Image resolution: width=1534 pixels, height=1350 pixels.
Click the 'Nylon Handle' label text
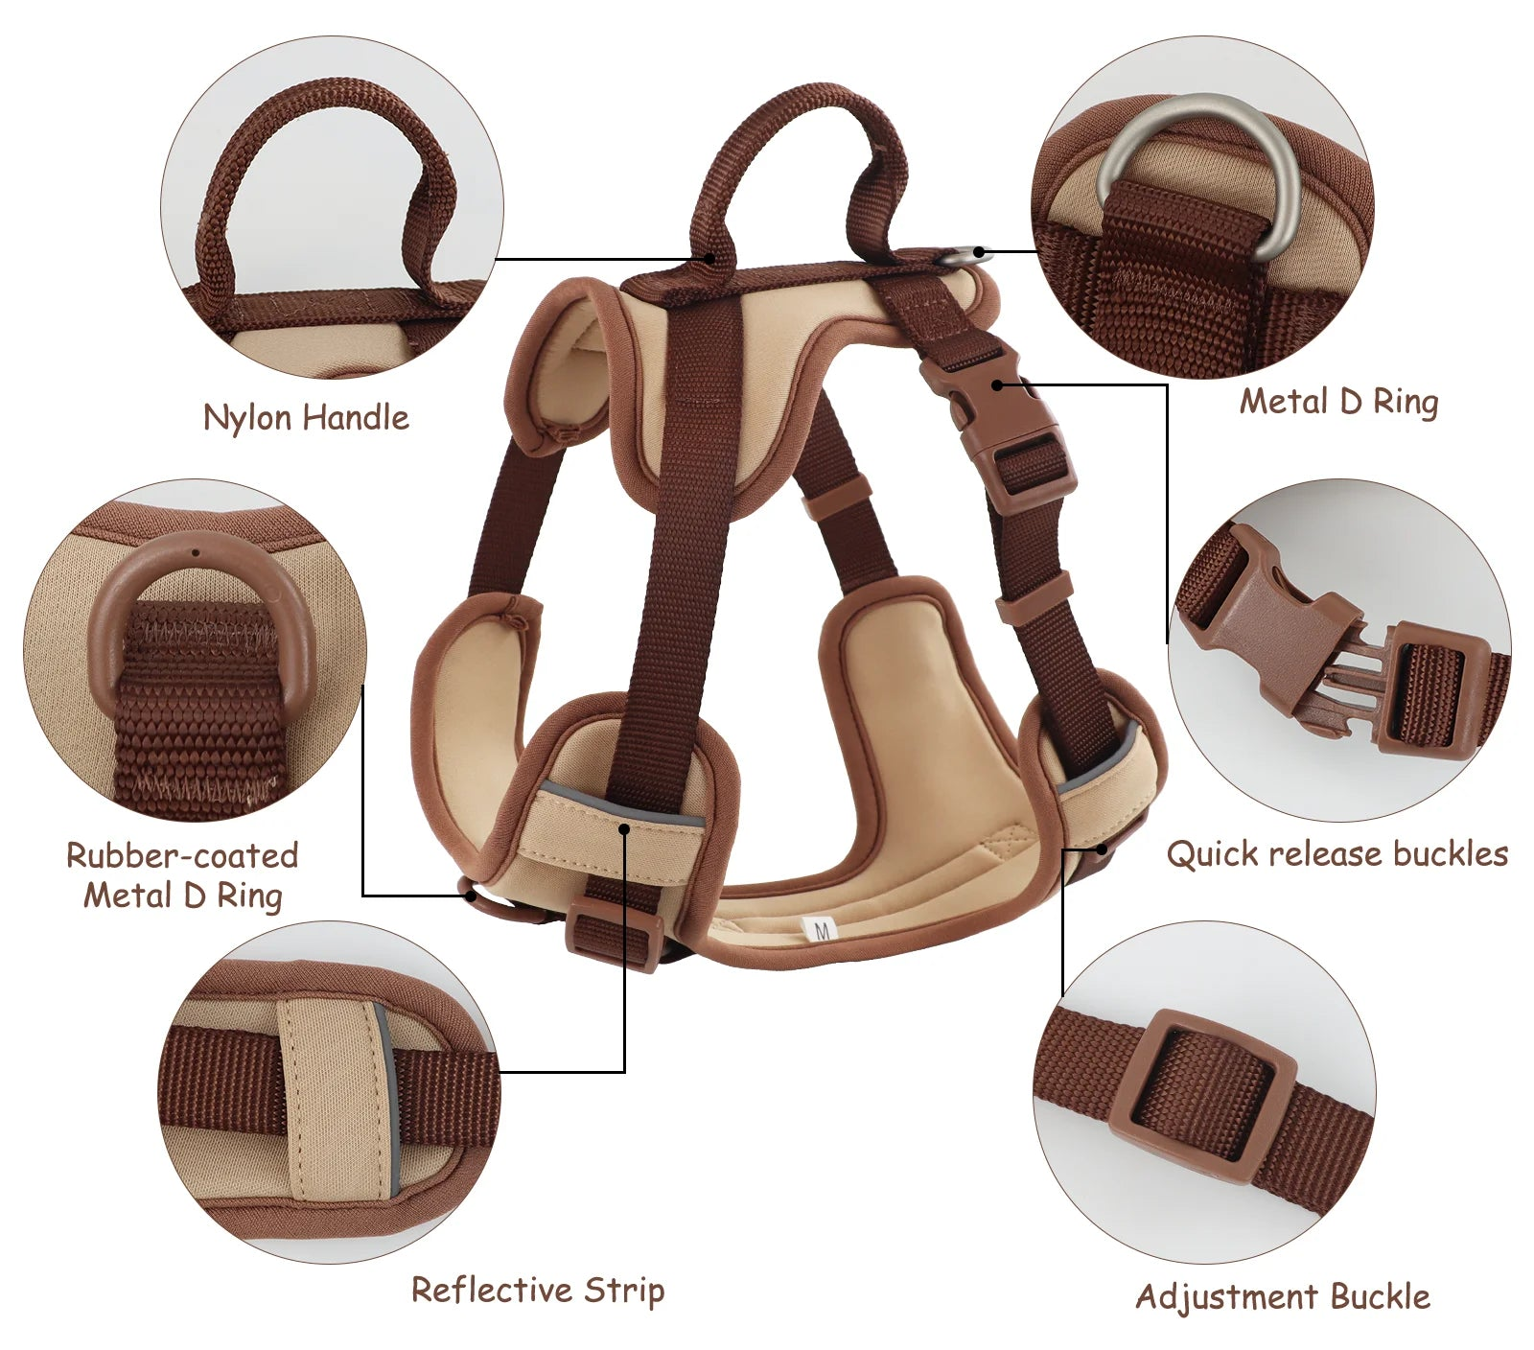click(x=306, y=418)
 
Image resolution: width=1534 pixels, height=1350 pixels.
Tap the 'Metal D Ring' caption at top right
click(x=1338, y=402)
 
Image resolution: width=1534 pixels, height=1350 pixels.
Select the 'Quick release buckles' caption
click(x=1336, y=853)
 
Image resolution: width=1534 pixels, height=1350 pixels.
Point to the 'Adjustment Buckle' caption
click(x=1282, y=1296)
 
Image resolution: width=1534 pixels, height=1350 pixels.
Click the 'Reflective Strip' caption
click(x=537, y=1290)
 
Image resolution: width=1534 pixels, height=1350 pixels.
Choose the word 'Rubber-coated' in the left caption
click(x=182, y=855)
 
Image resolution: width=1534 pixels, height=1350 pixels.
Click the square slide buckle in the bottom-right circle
click(x=1203, y=1093)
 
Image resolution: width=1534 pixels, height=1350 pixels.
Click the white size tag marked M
click(x=822, y=928)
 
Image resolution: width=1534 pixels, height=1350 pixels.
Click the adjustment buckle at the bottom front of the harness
click(x=614, y=935)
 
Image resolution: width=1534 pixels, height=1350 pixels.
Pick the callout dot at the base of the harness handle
click(x=709, y=258)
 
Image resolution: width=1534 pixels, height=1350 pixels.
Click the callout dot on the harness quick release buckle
click(x=998, y=384)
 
